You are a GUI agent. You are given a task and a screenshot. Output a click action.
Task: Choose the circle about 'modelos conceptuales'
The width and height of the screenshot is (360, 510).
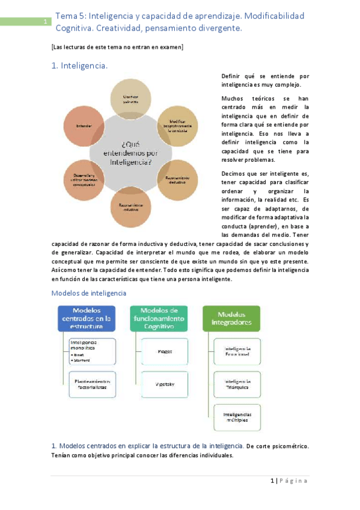84,179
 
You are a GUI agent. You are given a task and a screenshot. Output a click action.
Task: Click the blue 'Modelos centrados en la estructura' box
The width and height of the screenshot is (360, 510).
87,319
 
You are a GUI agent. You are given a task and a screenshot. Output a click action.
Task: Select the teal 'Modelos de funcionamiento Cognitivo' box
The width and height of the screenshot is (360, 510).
159,319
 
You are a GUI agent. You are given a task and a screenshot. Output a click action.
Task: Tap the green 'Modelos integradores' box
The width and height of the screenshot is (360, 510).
231,319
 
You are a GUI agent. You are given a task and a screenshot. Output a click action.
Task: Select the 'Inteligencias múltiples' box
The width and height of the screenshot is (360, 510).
237,417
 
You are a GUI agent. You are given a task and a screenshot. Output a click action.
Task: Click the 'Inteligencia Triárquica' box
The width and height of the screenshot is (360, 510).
237,384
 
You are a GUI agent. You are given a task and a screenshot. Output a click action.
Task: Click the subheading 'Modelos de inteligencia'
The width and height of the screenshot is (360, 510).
89,293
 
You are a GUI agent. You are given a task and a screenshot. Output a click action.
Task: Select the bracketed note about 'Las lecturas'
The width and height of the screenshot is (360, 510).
118,47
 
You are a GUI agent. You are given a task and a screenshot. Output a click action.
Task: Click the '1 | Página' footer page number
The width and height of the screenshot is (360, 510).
289,481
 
